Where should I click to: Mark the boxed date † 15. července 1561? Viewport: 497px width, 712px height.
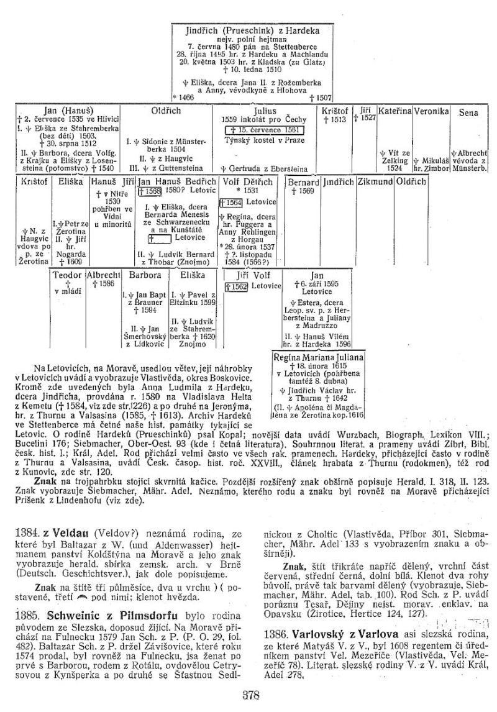tap(265, 130)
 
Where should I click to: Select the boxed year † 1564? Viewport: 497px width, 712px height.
tap(230, 202)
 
